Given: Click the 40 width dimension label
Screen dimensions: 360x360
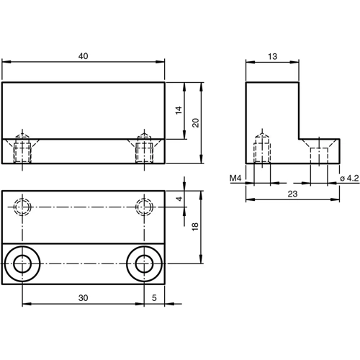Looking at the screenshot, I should pos(84,55).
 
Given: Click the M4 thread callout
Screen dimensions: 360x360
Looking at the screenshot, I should pos(235,178).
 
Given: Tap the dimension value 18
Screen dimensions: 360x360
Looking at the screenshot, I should pos(194,227).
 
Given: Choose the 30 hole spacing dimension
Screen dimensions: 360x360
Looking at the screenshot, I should pos(84,296).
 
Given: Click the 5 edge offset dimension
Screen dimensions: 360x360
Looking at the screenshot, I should pos(155,296).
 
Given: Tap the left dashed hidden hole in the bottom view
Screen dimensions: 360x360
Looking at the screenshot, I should pos(23,207).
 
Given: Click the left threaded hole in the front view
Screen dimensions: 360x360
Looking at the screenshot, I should pos(23,150).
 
